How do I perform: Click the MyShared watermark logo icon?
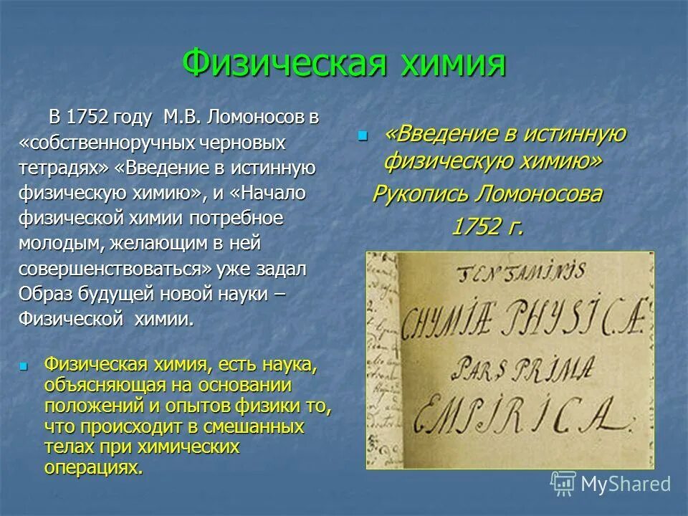[x=563, y=484]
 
